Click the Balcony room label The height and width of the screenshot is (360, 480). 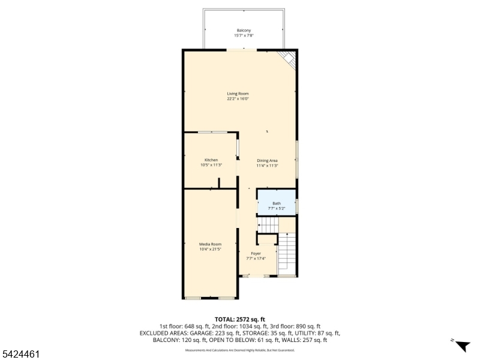pyautogui.click(x=243, y=31)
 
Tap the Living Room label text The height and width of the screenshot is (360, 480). pyautogui.click(x=238, y=94)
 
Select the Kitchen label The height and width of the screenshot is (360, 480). pyautogui.click(x=211, y=160)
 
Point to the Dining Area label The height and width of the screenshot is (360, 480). pyautogui.click(x=267, y=160)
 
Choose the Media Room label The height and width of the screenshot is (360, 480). pyautogui.click(x=211, y=244)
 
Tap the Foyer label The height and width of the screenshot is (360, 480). pyautogui.click(x=256, y=254)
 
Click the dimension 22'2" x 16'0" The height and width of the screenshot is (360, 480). pyautogui.click(x=238, y=99)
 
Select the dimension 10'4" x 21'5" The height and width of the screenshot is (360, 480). pyautogui.click(x=211, y=249)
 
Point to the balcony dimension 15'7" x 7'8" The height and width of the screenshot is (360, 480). pyautogui.click(x=243, y=36)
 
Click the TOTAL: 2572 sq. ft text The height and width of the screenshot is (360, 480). pyautogui.click(x=240, y=319)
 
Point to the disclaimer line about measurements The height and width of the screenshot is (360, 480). pyautogui.click(x=240, y=350)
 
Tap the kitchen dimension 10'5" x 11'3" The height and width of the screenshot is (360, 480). pyautogui.click(x=211, y=165)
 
